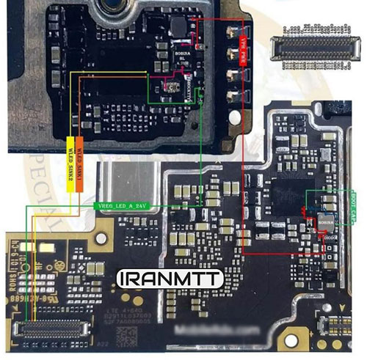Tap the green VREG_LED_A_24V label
(x=123, y=207)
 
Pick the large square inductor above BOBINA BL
(x=178, y=28)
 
